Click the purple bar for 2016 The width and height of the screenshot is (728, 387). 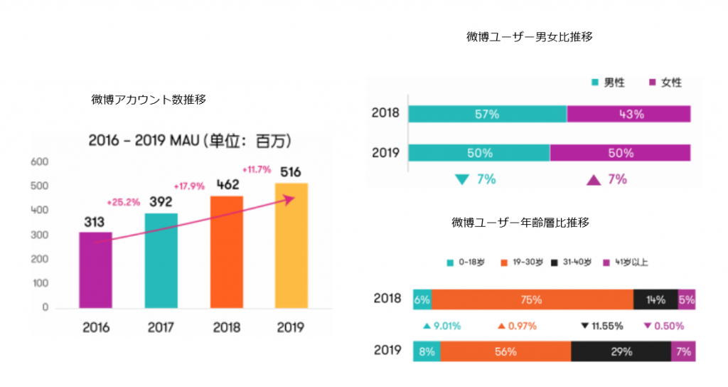[95, 270]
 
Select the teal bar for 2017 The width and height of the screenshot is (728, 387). [161, 260]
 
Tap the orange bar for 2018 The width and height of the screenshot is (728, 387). [227, 252]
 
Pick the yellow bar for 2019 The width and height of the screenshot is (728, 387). [291, 245]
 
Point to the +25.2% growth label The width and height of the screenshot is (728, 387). [123, 201]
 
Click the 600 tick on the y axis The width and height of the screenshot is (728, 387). [40, 162]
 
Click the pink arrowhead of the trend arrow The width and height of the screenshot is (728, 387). [289, 200]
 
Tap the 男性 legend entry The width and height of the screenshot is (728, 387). [608, 83]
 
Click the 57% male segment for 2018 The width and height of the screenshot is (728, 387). [487, 114]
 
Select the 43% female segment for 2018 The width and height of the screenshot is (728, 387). [628, 114]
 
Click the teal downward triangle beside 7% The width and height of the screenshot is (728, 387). [461, 180]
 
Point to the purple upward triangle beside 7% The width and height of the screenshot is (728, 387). [593, 180]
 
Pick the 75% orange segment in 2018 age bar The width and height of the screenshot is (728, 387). [532, 299]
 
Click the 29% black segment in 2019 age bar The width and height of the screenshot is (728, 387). [621, 351]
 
